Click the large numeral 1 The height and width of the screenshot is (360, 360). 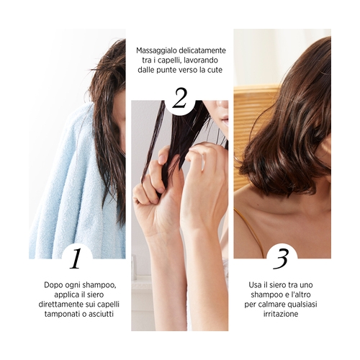pyautogui.click(x=76, y=258)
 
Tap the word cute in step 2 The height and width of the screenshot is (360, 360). pyautogui.click(x=215, y=70)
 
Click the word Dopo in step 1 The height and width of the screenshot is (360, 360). pyautogui.click(x=53, y=285)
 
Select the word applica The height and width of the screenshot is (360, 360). pyautogui.click(x=65, y=295)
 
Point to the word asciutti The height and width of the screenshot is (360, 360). pyautogui.click(x=101, y=314)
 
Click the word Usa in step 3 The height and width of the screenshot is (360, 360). pyautogui.click(x=255, y=285)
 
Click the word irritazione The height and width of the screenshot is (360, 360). pyautogui.click(x=281, y=314)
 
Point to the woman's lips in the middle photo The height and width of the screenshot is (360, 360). pyautogui.click(x=225, y=119)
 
